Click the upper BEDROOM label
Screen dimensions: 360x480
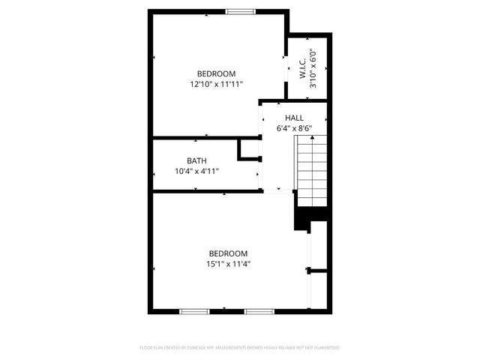216,73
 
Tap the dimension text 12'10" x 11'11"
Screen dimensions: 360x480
216,85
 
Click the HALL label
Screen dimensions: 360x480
294,118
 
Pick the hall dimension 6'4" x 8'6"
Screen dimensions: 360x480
294,128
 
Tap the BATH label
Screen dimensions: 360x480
196,160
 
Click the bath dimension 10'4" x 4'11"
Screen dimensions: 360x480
196,171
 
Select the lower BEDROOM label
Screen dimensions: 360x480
228,253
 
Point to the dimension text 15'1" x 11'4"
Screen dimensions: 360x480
228,264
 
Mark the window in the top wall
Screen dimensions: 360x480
240,11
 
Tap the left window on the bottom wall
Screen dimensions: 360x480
193,310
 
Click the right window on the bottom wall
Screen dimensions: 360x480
259,310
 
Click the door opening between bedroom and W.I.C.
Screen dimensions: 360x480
286,68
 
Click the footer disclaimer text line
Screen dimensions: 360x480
240,348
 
